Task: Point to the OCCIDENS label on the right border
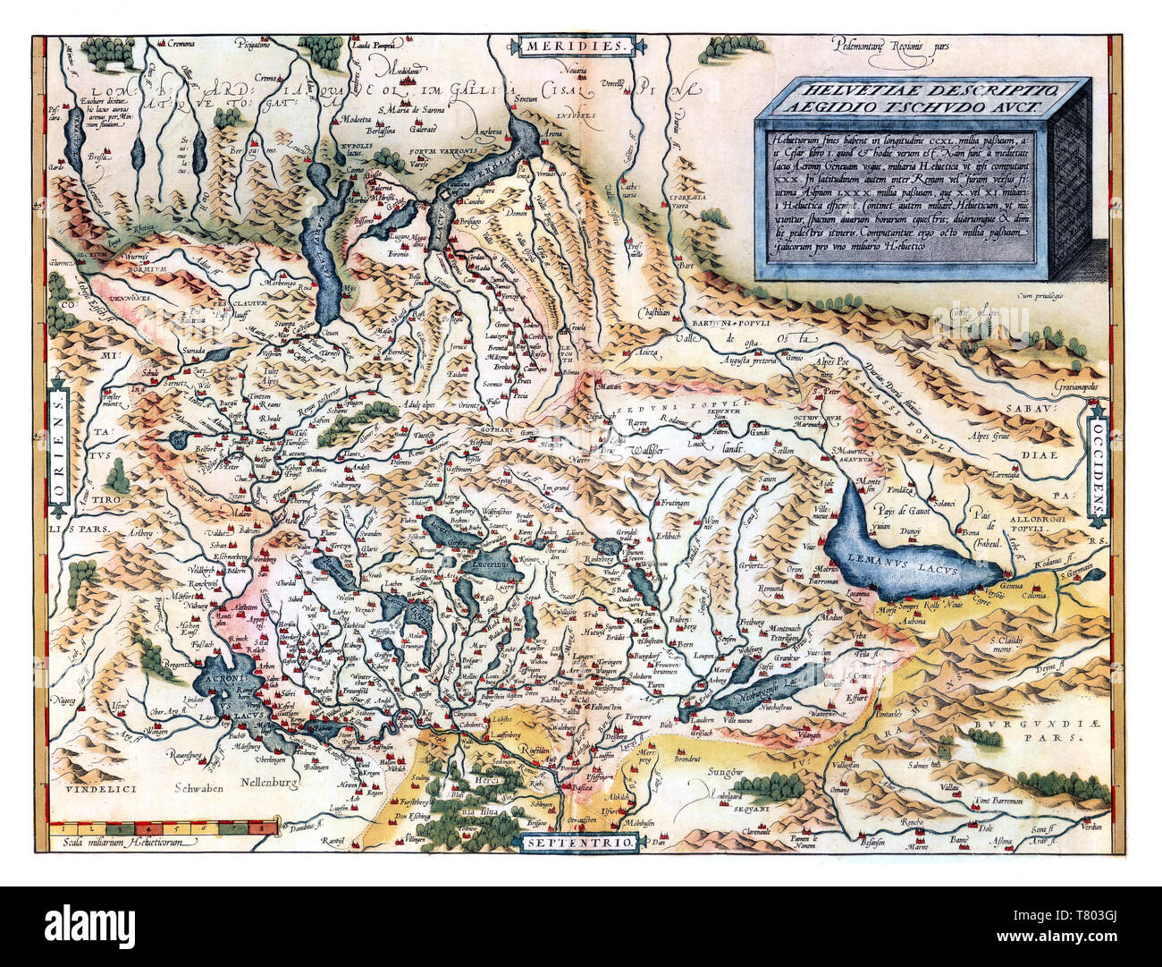(x=1098, y=462)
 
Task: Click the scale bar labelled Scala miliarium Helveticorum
(x=161, y=827)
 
